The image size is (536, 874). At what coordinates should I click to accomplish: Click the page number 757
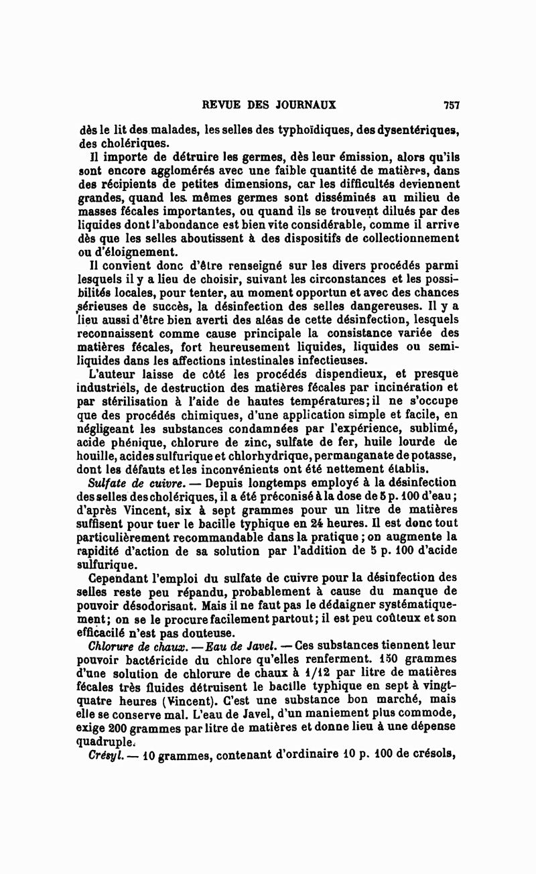pos(450,105)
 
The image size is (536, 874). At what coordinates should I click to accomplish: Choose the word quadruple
pos(107,742)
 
